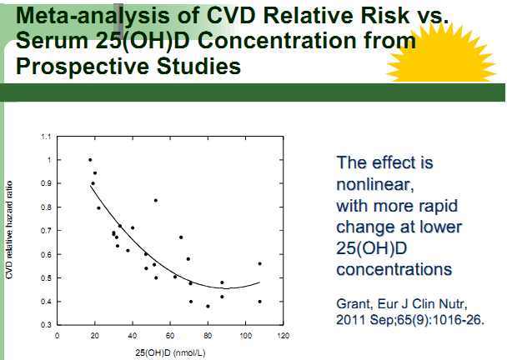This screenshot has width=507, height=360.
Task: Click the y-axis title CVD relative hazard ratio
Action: pos(11,230)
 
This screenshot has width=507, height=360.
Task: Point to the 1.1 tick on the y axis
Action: pos(46,136)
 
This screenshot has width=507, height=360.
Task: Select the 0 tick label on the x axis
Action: pos(57,336)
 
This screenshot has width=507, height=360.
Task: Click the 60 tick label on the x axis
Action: pos(170,336)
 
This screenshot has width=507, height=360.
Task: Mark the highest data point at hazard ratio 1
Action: pos(90,159)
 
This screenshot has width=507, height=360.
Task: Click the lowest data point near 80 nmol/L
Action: pos(208,306)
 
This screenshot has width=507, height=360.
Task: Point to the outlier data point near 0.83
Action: pos(155,200)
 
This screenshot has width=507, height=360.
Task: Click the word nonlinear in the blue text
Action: pos(371,183)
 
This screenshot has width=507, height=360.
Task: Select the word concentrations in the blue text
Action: pos(394,270)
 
